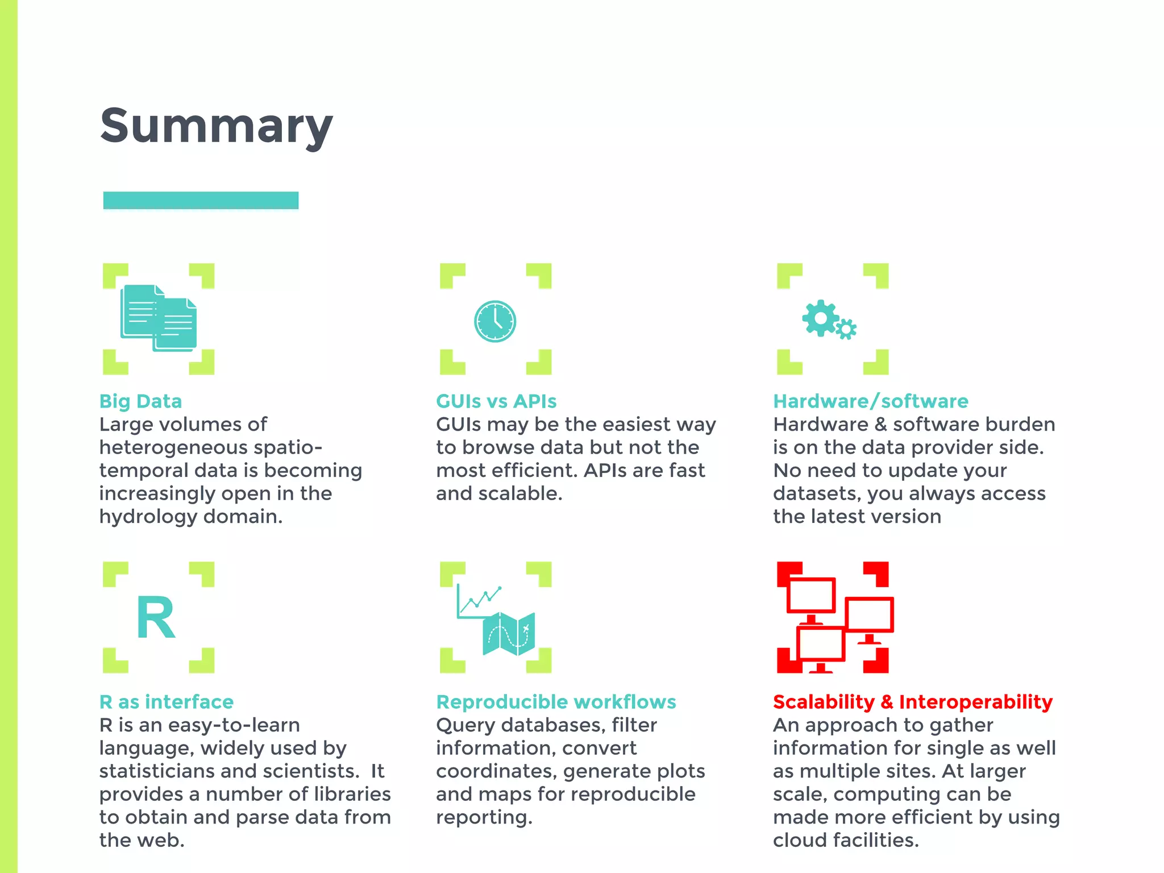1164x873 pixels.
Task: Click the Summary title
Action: pyautogui.click(x=216, y=126)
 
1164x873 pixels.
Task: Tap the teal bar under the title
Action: pyautogui.click(x=201, y=201)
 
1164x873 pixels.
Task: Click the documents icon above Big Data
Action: pyautogui.click(x=159, y=318)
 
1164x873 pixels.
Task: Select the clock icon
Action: pyautogui.click(x=495, y=321)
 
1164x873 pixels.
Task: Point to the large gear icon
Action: pyautogui.click(x=820, y=318)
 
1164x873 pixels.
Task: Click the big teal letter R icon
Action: pyautogui.click(x=156, y=618)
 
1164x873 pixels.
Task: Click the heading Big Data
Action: pyautogui.click(x=140, y=401)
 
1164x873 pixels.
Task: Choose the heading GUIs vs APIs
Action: pyautogui.click(x=496, y=401)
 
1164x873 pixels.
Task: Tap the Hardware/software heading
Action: pyautogui.click(x=870, y=401)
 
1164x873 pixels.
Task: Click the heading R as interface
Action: pyautogui.click(x=167, y=702)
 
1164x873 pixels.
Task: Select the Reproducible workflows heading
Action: pyautogui.click(x=556, y=702)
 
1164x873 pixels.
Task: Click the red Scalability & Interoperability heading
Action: pyautogui.click(x=913, y=702)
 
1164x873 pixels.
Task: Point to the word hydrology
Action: pyautogui.click(x=148, y=517)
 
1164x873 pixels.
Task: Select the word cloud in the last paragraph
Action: pyautogui.click(x=798, y=840)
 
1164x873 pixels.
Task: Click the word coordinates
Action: pyautogui.click(x=496, y=771)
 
